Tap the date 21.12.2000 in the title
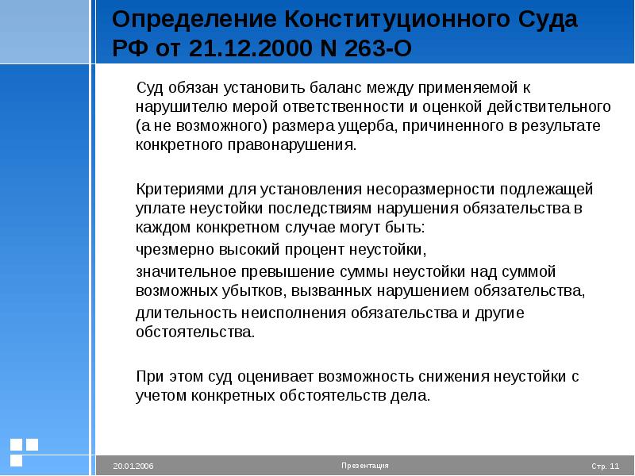pyautogui.click(x=250, y=48)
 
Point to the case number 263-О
pyautogui.click(x=378, y=48)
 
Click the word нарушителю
pyautogui.click(x=182, y=107)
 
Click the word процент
pyautogui.click(x=314, y=250)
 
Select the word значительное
pyautogui.click(x=186, y=271)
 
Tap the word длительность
pyautogui.click(x=187, y=313)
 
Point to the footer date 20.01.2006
pyautogui.click(x=133, y=466)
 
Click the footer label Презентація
pyautogui.click(x=365, y=466)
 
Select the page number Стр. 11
pyautogui.click(x=606, y=466)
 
